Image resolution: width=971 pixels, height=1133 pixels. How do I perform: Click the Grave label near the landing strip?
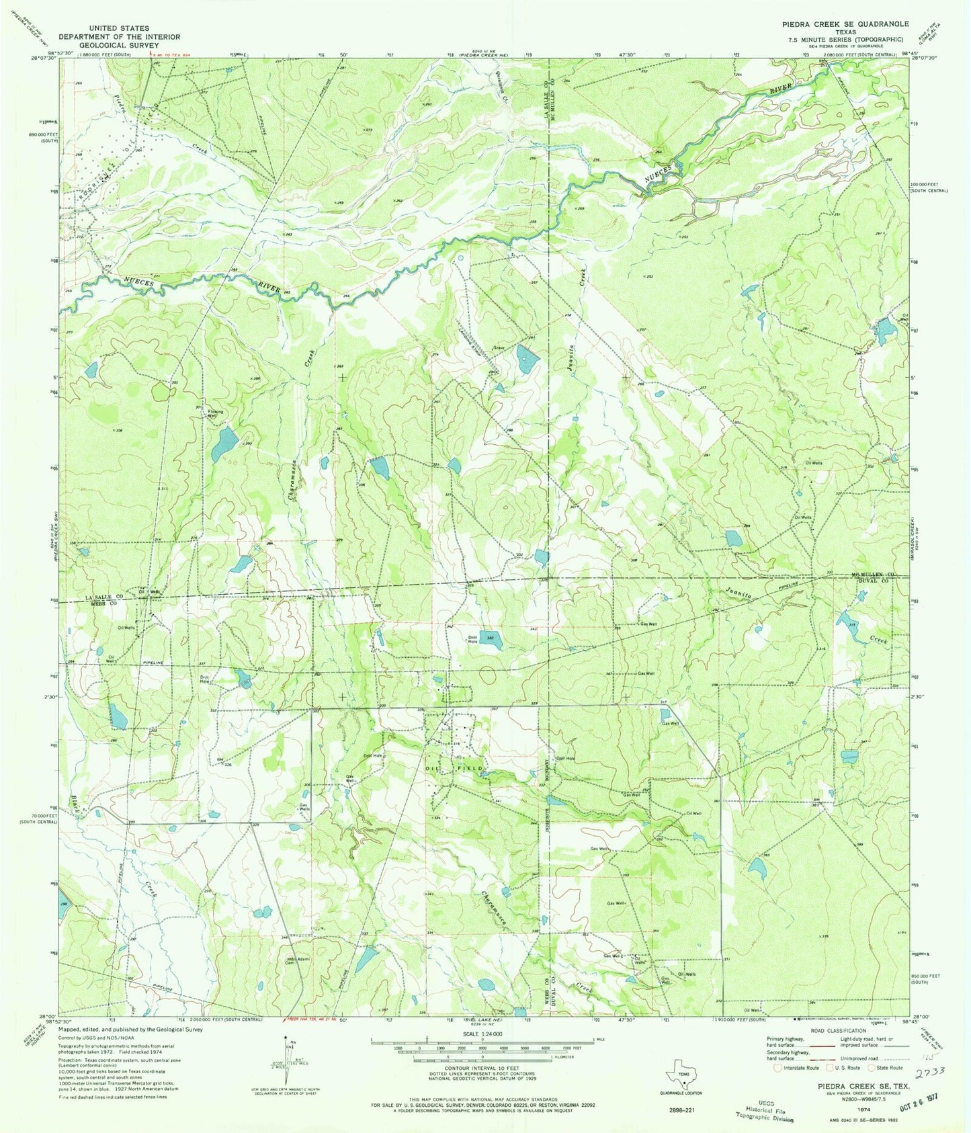click(x=499, y=348)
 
